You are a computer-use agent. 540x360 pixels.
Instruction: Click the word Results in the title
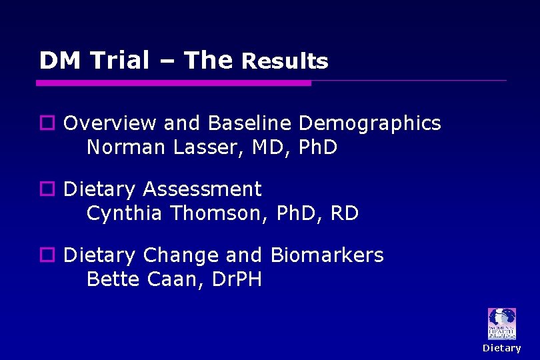[285, 61]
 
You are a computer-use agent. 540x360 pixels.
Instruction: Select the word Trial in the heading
[120, 61]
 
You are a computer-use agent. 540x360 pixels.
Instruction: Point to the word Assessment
[202, 189]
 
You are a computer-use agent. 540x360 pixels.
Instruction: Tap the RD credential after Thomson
[344, 213]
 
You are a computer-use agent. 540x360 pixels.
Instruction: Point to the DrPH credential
[236, 279]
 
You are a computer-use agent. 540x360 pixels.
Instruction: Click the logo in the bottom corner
[501, 324]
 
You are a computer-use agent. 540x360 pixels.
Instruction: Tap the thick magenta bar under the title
[173, 83]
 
